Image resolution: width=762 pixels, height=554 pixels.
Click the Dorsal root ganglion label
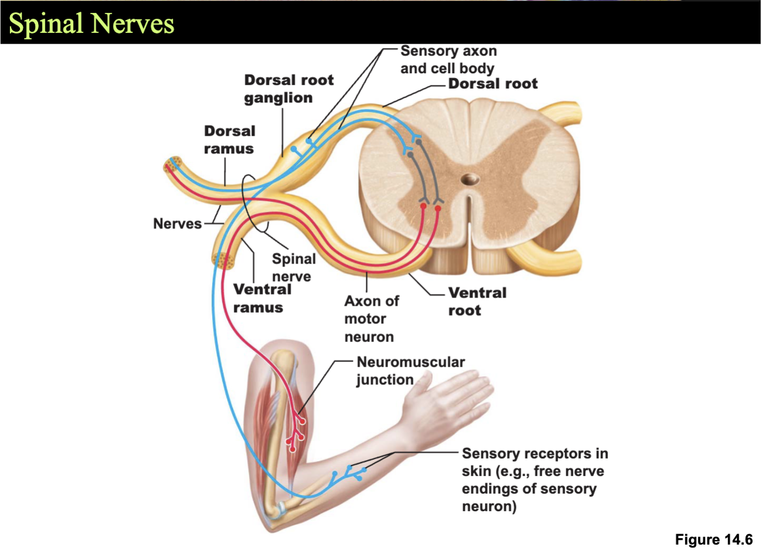[x=289, y=88]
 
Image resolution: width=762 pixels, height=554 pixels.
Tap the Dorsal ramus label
[x=230, y=140]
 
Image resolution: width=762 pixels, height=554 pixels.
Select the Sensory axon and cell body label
[x=448, y=60]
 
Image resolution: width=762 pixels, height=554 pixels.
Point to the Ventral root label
[x=477, y=302]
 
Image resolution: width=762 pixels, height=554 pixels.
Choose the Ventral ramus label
[x=262, y=299]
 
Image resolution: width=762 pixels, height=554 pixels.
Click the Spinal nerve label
[x=294, y=268]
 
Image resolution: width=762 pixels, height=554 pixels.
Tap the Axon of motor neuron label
[x=372, y=319]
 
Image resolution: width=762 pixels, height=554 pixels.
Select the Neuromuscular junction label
[x=410, y=371]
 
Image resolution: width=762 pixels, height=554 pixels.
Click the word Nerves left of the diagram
[x=177, y=224]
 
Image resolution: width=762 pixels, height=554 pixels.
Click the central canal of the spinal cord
[x=470, y=179]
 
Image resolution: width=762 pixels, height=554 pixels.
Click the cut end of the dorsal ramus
[x=173, y=165]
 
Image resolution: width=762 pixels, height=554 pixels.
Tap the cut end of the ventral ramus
[x=223, y=261]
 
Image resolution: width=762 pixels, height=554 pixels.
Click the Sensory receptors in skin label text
[x=535, y=480]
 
